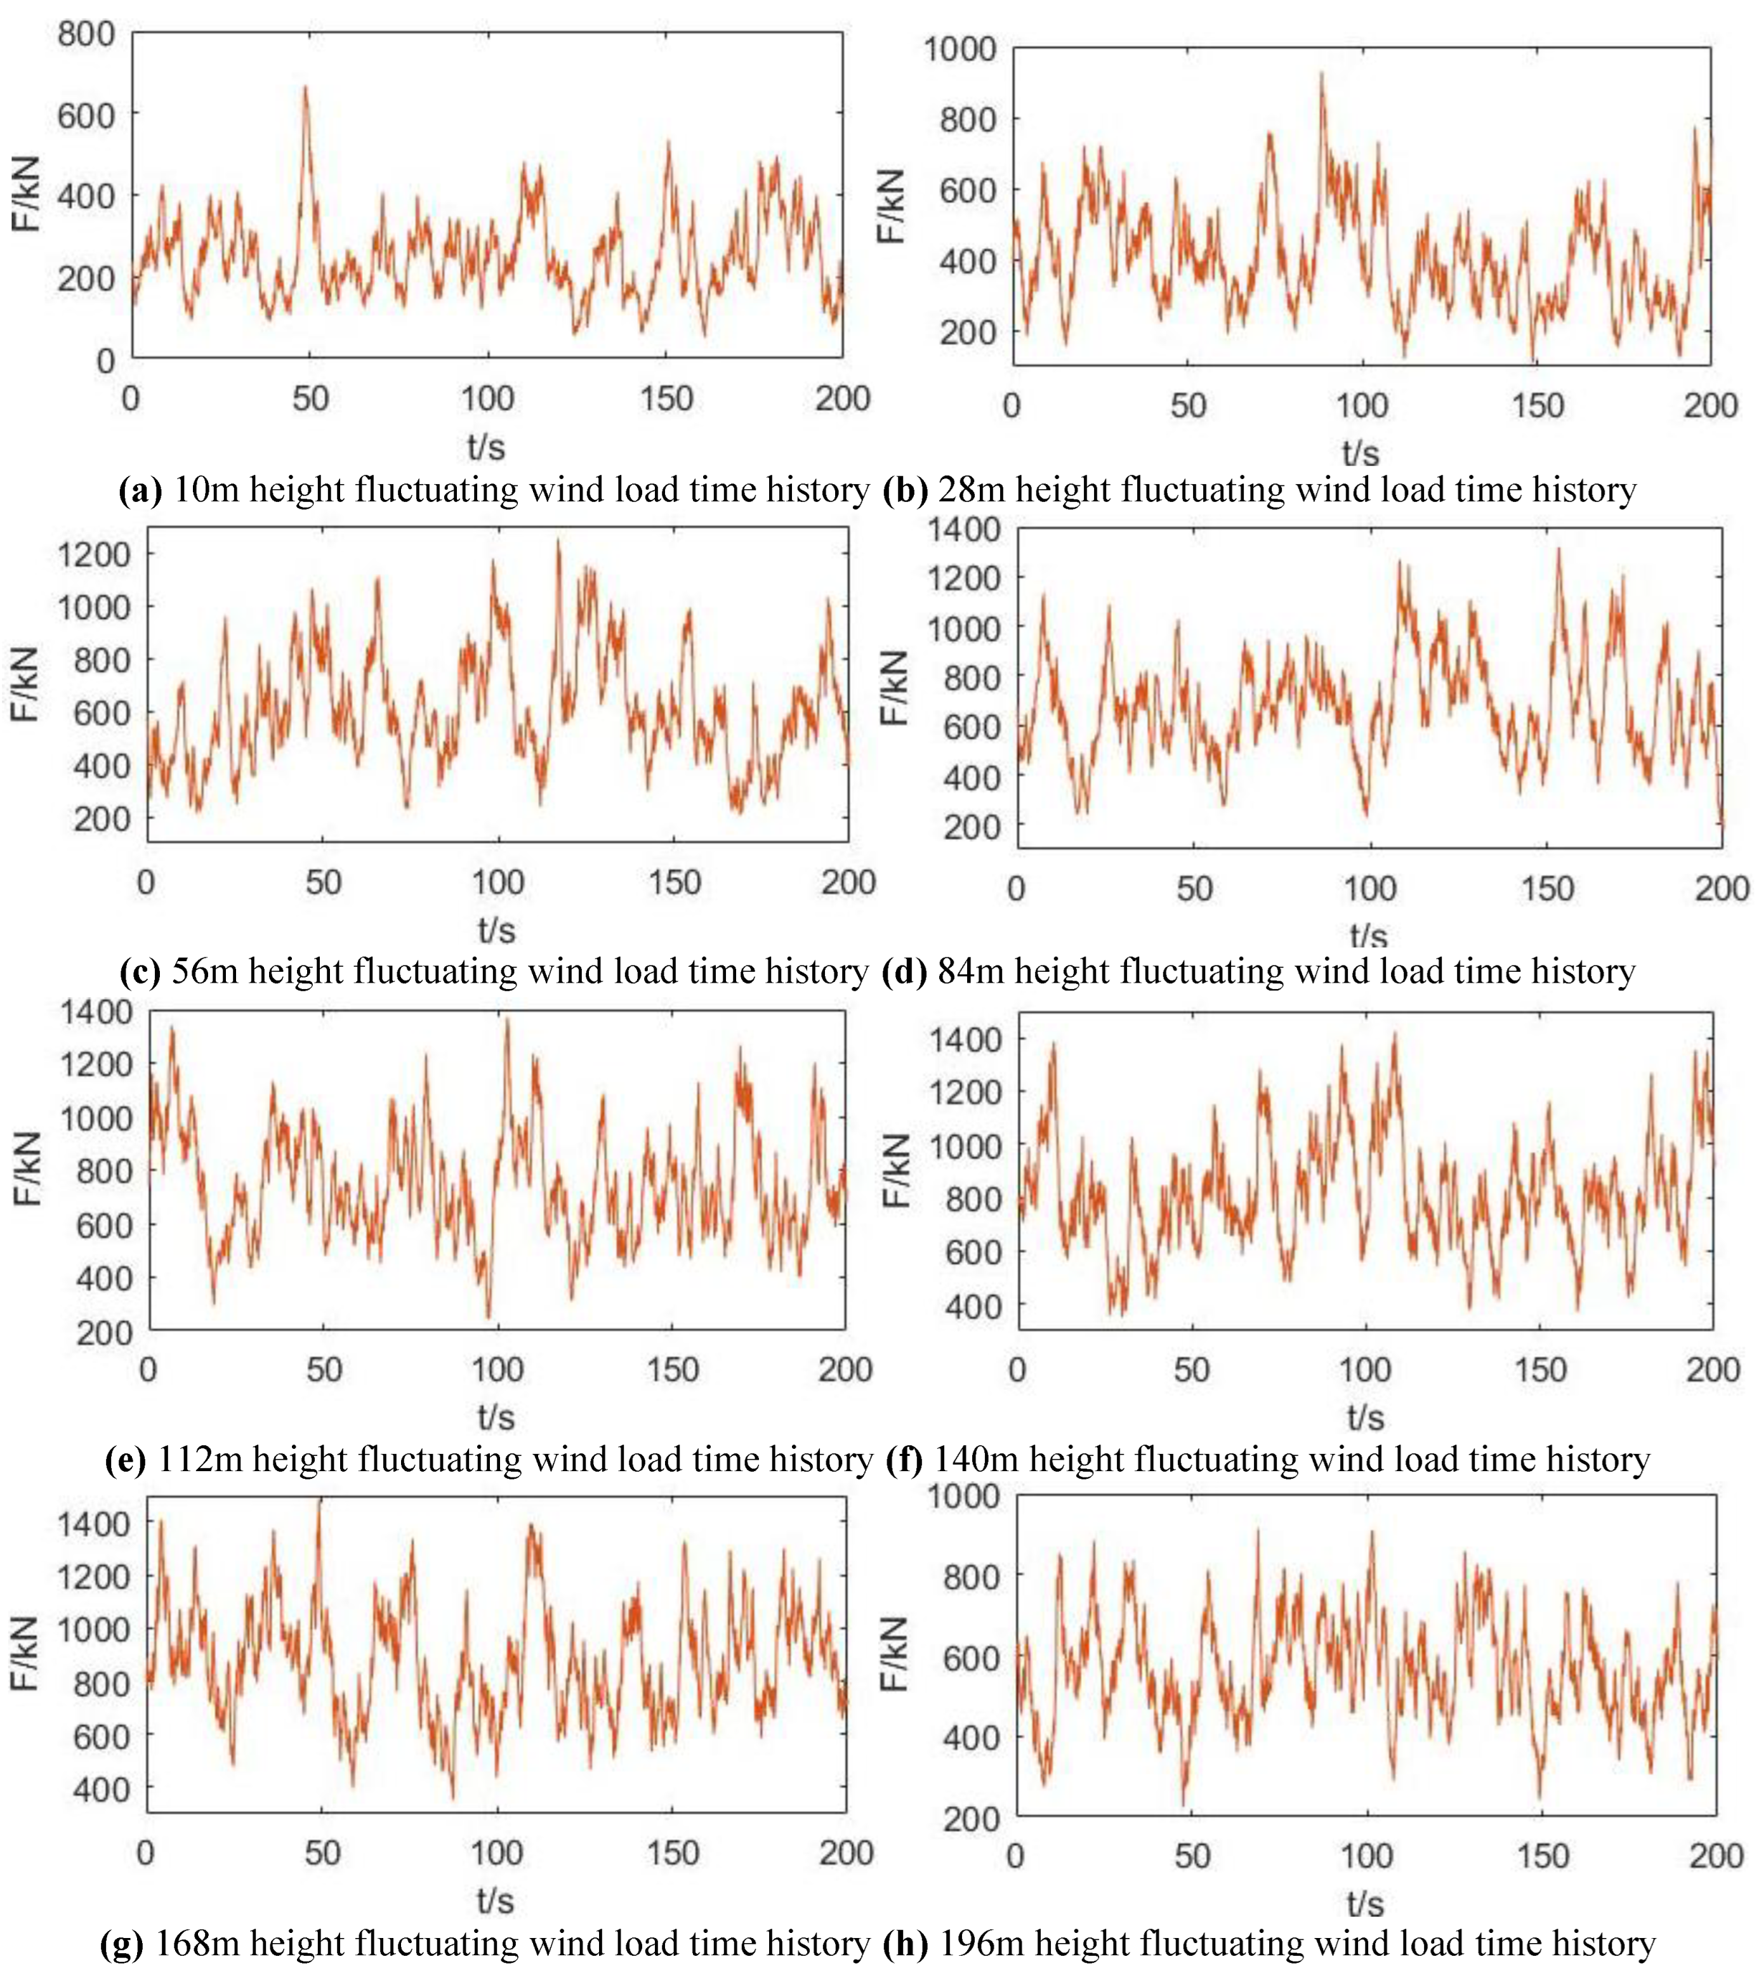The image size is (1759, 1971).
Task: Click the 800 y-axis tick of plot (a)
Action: click(x=86, y=35)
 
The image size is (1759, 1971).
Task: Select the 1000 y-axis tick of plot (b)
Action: click(x=959, y=48)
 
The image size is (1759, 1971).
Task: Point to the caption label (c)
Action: click(x=140, y=971)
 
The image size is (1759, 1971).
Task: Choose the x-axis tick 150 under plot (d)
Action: click(x=1547, y=888)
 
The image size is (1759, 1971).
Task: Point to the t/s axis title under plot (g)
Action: click(x=495, y=1901)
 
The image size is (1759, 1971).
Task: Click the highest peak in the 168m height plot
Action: click(x=320, y=1500)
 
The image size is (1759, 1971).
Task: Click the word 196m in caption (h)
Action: click(x=981, y=1943)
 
